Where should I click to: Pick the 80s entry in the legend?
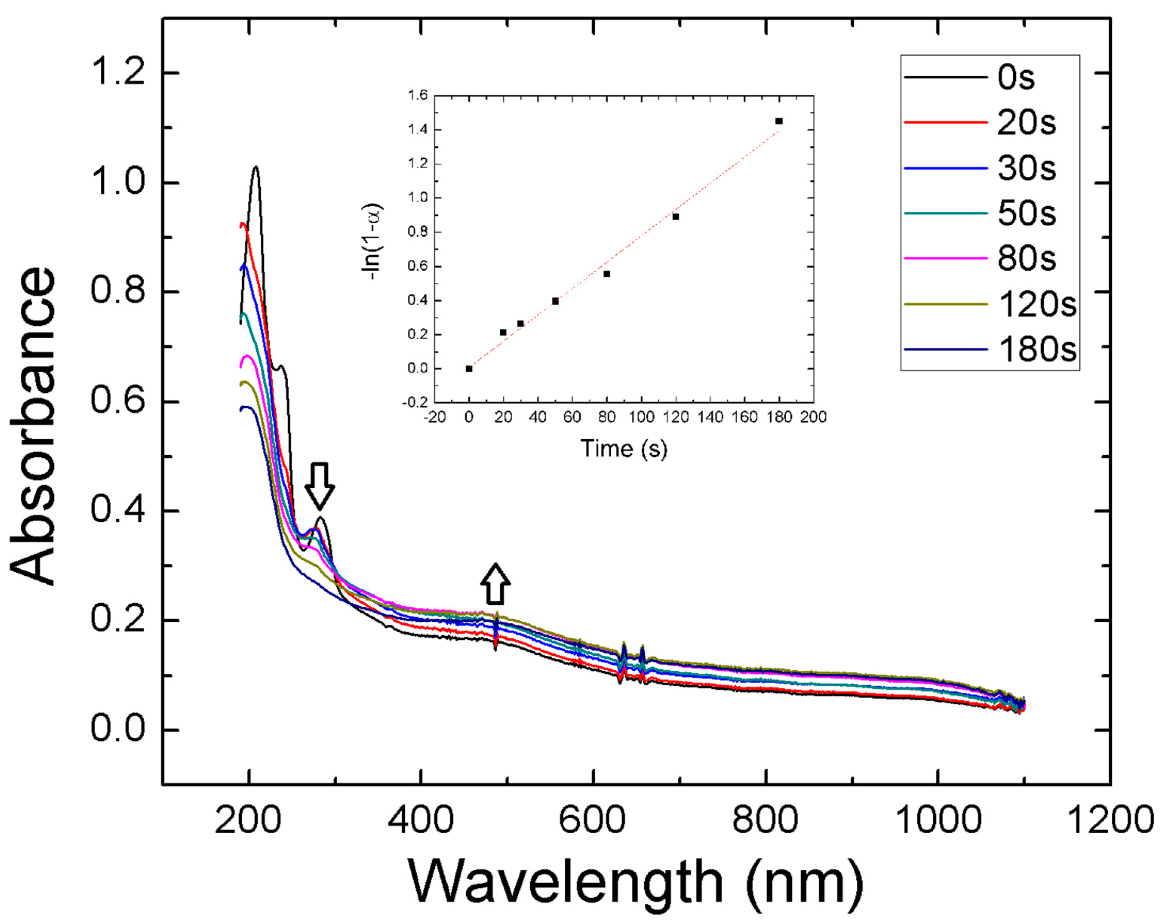coord(1026,259)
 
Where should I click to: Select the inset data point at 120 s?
coord(675,217)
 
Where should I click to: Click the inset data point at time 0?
coord(469,369)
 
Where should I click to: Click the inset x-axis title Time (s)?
coord(624,449)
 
